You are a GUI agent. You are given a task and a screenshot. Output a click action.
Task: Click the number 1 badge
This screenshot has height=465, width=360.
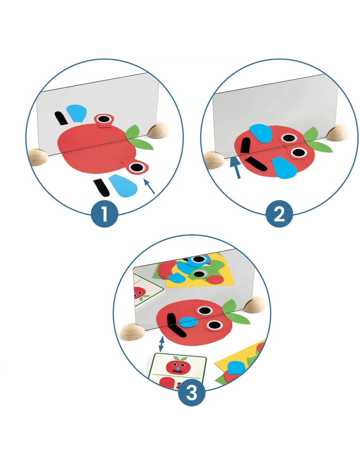click(104, 214)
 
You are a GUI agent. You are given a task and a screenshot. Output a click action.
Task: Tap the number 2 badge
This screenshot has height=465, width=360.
click(279, 214)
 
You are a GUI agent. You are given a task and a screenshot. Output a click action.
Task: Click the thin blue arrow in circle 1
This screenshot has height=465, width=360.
click(149, 186)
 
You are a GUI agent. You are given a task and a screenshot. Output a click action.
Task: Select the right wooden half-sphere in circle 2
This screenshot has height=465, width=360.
click(338, 133)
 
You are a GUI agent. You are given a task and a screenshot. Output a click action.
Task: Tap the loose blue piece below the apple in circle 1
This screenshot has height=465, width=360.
click(123, 185)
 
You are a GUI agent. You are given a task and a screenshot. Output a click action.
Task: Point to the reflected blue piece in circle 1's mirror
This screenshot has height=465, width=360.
click(77, 113)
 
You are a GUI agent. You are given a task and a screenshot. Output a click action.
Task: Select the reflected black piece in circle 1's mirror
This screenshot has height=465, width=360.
click(61, 118)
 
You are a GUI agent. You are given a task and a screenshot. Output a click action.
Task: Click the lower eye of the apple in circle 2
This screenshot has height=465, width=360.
click(298, 152)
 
